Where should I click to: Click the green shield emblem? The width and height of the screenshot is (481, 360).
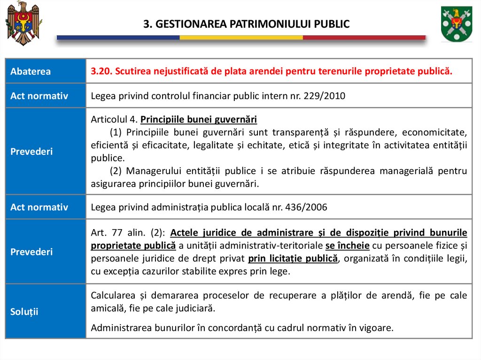[x=456, y=23]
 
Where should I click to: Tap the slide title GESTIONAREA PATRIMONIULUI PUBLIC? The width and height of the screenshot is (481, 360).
[x=246, y=24]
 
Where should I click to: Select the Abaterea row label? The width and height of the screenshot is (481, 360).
[x=31, y=71]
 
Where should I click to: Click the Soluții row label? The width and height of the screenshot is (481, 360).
[x=24, y=311]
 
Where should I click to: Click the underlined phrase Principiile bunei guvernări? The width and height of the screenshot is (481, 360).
[x=199, y=119]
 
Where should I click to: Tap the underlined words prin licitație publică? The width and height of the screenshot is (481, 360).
[x=293, y=258]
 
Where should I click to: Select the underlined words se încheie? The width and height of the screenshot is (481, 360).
[x=347, y=245]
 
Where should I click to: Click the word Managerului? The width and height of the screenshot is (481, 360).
[x=155, y=171]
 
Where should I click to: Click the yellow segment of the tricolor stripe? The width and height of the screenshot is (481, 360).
[x=241, y=38]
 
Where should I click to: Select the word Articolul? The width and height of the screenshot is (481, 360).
[x=108, y=119]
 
